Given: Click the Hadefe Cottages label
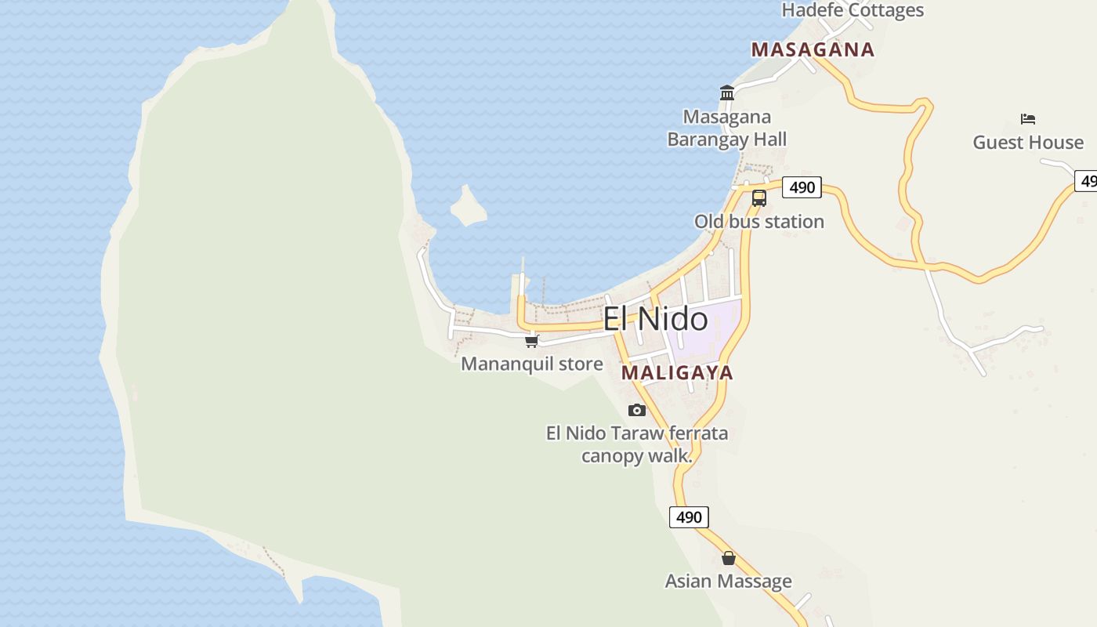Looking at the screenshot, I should click(x=853, y=10).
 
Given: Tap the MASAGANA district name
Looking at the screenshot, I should click(x=813, y=49).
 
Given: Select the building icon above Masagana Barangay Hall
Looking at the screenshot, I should click(x=726, y=93).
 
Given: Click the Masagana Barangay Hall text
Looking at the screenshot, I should click(x=726, y=128).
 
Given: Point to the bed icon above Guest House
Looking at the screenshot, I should click(x=1028, y=119).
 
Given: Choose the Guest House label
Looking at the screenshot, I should click(x=1028, y=143).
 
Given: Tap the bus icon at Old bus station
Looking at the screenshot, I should click(x=758, y=198).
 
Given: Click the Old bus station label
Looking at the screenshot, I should click(x=758, y=222).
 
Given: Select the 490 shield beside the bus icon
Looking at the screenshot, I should click(x=802, y=187).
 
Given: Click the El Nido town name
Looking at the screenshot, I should click(x=655, y=319).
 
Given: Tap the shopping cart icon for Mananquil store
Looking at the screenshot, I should click(x=532, y=341).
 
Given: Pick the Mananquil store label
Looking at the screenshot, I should click(x=532, y=364).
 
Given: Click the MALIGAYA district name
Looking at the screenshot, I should click(x=677, y=372).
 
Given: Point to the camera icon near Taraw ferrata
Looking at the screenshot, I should click(x=637, y=410).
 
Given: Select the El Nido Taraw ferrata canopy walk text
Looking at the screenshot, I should click(x=636, y=444).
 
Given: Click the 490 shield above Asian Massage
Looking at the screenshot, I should click(x=689, y=517).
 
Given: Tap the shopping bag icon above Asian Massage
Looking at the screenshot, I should click(x=729, y=558).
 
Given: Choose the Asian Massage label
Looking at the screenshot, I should click(x=728, y=582).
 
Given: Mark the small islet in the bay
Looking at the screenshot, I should click(x=469, y=205).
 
